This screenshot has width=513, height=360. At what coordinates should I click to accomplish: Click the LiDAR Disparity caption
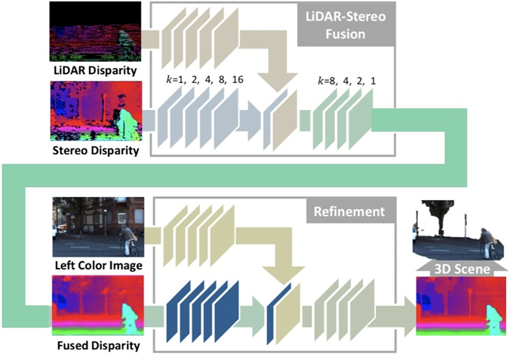point(95,71)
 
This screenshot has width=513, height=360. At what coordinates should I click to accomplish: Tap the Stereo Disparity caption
point(96,150)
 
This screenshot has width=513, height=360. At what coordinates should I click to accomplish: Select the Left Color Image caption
point(99,265)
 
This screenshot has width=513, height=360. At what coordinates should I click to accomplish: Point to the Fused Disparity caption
point(99,346)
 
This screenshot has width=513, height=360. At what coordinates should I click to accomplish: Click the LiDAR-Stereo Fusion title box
point(346,25)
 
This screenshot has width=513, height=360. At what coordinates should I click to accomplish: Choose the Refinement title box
point(349,212)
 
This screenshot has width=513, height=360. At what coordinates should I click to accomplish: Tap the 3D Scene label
point(462,269)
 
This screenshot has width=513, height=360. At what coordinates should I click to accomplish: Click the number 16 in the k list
point(238,79)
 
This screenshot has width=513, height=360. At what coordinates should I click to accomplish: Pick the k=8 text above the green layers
point(327,81)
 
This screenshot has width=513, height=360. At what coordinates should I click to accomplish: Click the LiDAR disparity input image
point(95,32)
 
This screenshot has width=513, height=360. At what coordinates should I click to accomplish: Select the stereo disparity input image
point(97,111)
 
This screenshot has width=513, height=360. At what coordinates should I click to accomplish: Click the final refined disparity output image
point(461,306)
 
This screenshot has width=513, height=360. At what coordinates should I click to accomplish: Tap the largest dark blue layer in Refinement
point(226,312)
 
